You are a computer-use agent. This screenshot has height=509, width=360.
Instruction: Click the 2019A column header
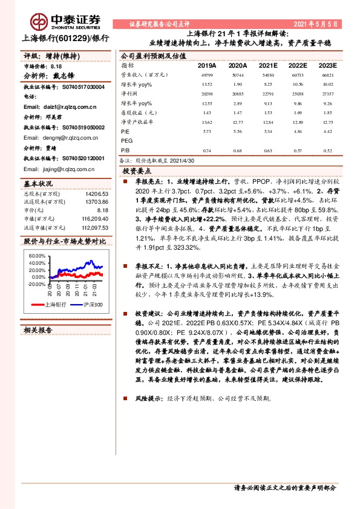tap(207, 65)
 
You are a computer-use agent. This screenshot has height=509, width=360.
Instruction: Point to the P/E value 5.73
tap(207, 131)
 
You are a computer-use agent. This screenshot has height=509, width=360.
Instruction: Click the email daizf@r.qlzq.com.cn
tap(60, 106)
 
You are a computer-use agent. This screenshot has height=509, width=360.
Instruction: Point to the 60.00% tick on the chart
tap(36, 256)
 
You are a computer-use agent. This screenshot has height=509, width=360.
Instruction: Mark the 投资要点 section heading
tap(135, 172)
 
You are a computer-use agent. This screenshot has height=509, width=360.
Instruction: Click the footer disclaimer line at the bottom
tap(284, 487)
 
